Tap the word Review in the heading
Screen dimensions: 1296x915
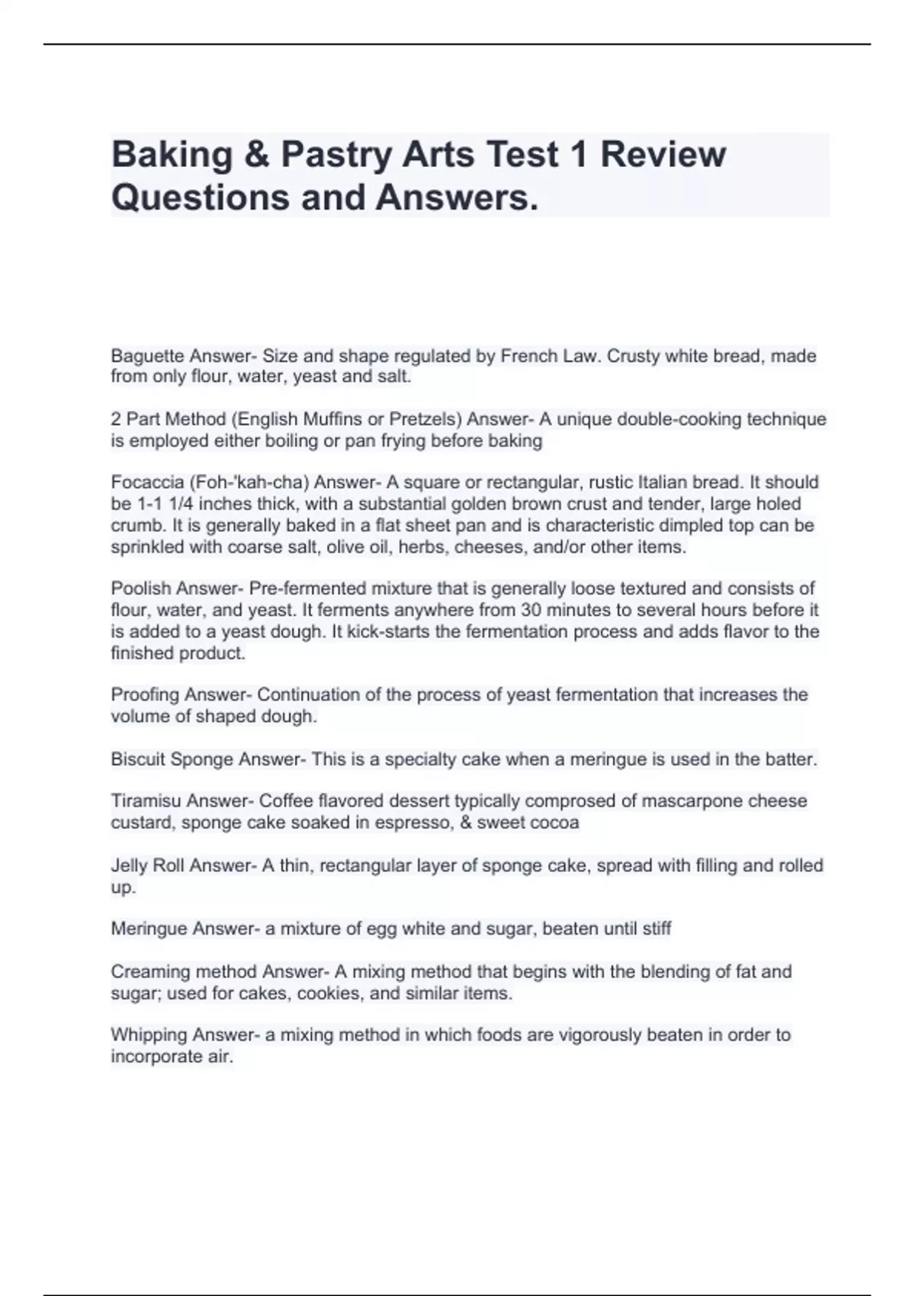[x=663, y=155]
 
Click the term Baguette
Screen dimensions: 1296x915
[x=147, y=356]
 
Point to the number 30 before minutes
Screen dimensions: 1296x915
[x=531, y=610]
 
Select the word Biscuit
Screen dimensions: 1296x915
[x=138, y=759]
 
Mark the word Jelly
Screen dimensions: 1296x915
[x=129, y=866]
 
